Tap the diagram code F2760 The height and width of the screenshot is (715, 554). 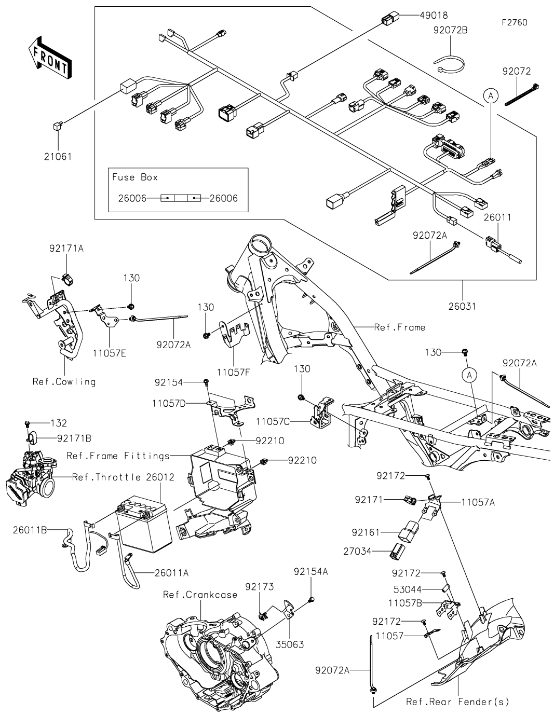pyautogui.click(x=514, y=22)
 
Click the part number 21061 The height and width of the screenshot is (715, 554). pyautogui.click(x=58, y=156)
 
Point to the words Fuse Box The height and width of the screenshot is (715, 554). pyautogui.click(x=135, y=177)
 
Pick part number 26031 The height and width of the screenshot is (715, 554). pyautogui.click(x=462, y=306)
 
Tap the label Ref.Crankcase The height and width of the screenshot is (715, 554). pyautogui.click(x=200, y=595)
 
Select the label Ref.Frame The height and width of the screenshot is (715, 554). pyautogui.click(x=400, y=327)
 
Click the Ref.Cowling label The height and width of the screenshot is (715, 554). pyautogui.click(x=64, y=381)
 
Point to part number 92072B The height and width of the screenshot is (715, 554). pyautogui.click(x=451, y=30)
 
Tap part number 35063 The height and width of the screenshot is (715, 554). pyautogui.click(x=290, y=645)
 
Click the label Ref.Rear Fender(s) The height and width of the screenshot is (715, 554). pyautogui.click(x=457, y=702)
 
